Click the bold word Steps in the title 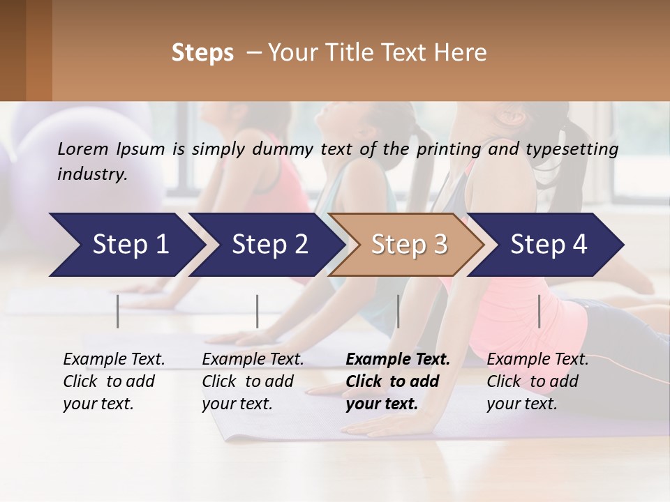pyautogui.click(x=202, y=53)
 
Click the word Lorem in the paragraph pyautogui.click(x=82, y=149)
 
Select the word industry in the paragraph pyautogui.click(x=91, y=174)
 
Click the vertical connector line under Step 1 pyautogui.click(x=118, y=311)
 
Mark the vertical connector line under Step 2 pyautogui.click(x=258, y=311)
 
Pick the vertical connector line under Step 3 pyautogui.click(x=398, y=311)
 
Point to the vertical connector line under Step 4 pyautogui.click(x=539, y=311)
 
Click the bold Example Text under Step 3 pyautogui.click(x=398, y=360)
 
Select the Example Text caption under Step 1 pyautogui.click(x=114, y=360)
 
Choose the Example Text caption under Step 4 pyautogui.click(x=537, y=360)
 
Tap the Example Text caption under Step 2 pyautogui.click(x=253, y=360)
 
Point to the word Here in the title pyautogui.click(x=462, y=53)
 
